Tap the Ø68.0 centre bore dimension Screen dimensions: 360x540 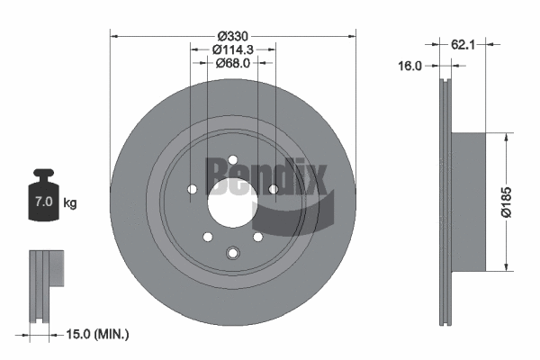[x=232, y=63]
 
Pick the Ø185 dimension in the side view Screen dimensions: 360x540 [x=507, y=201]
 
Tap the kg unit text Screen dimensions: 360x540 [x=70, y=203]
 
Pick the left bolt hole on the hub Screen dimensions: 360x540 [x=192, y=188]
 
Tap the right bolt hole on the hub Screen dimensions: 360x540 [x=273, y=188]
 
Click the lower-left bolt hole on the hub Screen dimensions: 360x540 [x=208, y=236]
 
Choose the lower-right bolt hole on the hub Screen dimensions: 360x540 [x=257, y=236]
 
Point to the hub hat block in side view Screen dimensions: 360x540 [x=468, y=201]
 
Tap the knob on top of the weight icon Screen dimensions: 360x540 [x=43, y=174]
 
